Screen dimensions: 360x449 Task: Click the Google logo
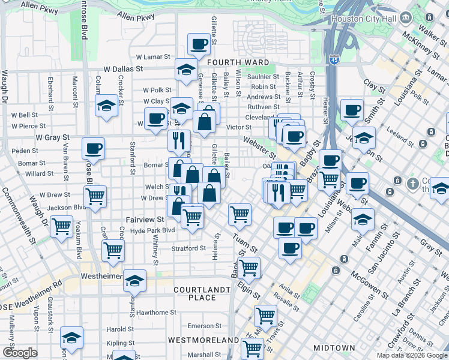[x=19, y=353]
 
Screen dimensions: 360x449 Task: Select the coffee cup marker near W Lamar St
[x=199, y=44]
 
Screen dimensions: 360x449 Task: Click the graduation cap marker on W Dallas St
[x=187, y=69]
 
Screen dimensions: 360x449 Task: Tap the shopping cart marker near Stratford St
[x=113, y=250]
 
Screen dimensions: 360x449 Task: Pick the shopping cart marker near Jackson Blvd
[x=95, y=196]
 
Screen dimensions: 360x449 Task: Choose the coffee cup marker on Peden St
[x=93, y=148]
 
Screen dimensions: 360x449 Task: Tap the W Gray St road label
[x=50, y=137]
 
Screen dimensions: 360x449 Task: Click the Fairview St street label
[x=145, y=220]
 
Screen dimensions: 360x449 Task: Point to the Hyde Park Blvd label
[x=152, y=230]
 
